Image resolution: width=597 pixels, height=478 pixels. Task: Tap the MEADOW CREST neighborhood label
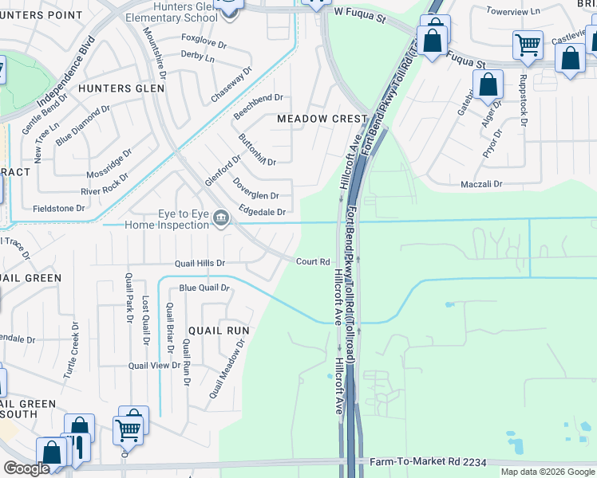[x=321, y=119]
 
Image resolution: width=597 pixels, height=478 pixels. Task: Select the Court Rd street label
[x=313, y=261]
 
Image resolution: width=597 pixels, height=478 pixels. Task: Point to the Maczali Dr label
[x=480, y=184]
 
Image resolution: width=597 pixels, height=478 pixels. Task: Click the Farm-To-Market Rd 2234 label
[x=428, y=462]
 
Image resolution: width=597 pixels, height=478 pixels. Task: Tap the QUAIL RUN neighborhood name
[x=219, y=330]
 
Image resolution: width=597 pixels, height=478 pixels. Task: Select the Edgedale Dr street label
[x=262, y=212]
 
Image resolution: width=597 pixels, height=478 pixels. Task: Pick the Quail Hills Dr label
[x=200, y=263]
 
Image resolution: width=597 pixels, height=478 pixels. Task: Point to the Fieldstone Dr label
[x=58, y=208]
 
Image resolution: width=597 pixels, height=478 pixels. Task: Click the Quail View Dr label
[x=154, y=365]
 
